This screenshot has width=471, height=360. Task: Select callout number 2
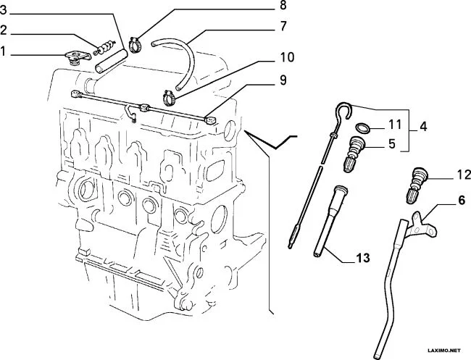[x=4, y=30]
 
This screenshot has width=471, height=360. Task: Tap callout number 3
[x=4, y=10]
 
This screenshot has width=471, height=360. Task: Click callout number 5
[x=391, y=143]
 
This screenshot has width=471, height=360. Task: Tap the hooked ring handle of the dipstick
[x=343, y=112]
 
